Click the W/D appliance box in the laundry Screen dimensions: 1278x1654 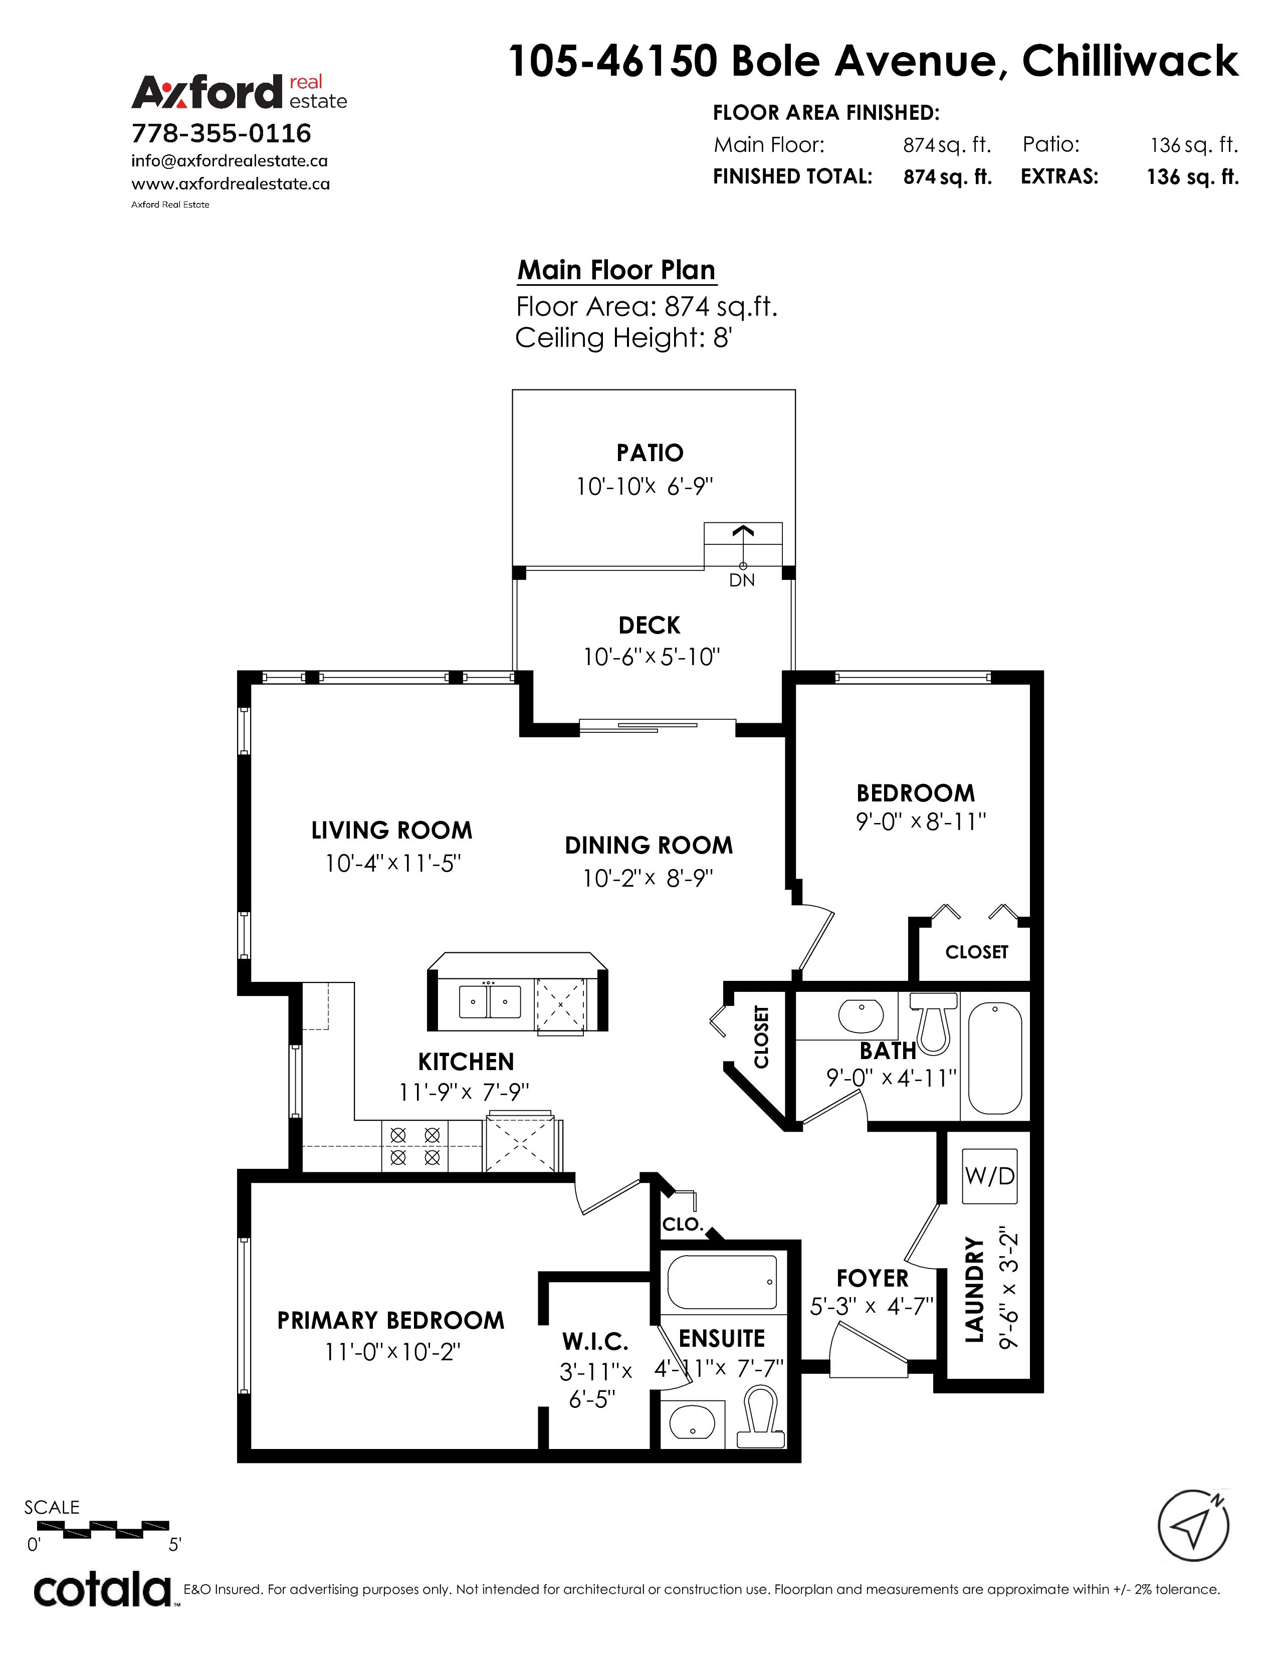click(x=989, y=1176)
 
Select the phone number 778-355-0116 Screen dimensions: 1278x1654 click(x=221, y=133)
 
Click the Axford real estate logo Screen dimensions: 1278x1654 click(x=239, y=92)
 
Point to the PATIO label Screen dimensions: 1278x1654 click(x=650, y=453)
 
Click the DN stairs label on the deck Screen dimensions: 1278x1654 click(x=742, y=580)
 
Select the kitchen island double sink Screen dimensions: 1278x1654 click(x=490, y=1001)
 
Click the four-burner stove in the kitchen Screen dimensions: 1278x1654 click(x=415, y=1146)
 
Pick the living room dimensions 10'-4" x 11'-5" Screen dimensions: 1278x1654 click(x=393, y=863)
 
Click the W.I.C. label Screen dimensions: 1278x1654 click(x=595, y=1342)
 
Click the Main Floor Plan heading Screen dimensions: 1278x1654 click(x=616, y=270)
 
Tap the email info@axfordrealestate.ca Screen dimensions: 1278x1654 click(x=230, y=160)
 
